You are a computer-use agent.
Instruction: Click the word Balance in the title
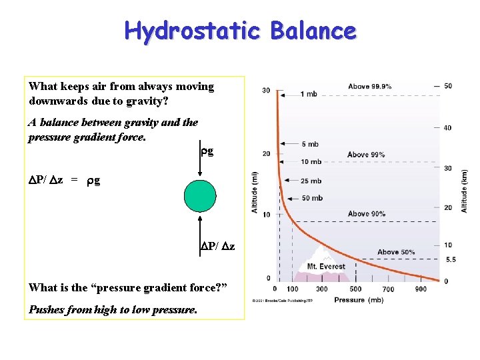313,31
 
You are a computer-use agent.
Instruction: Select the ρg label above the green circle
207,151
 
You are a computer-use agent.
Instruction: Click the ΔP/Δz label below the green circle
217,247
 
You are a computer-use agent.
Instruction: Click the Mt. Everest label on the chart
326,267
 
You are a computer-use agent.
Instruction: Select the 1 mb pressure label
309,94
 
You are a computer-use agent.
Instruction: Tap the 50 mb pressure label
311,198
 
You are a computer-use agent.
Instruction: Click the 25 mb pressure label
311,181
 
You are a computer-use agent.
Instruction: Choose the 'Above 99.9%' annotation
369,87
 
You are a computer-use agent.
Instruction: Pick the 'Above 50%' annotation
396,252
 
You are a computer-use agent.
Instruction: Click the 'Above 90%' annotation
366,214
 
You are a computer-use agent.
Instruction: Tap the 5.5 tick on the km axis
450,259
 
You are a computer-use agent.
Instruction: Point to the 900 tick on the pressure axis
420,289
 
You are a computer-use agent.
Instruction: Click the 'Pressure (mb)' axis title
359,300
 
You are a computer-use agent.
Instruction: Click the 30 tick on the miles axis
266,91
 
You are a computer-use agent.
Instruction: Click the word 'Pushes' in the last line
46,310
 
